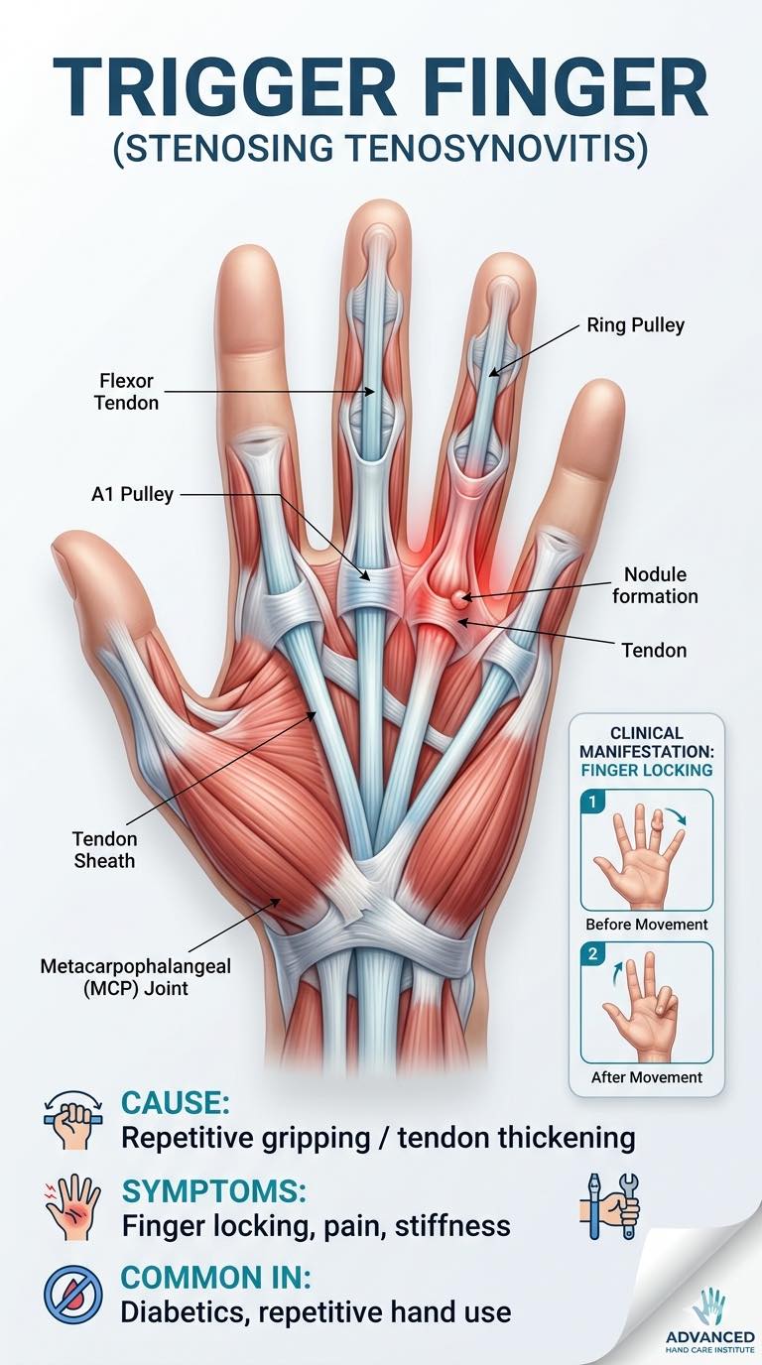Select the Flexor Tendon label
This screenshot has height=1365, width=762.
pos(126,392)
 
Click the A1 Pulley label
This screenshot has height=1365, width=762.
pos(132,494)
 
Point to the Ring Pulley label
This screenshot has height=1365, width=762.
pos(635,324)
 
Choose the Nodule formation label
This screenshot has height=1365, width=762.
pos(655,585)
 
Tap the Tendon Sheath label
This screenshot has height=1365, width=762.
pos(104,849)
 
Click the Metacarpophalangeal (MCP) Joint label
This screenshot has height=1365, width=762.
pos(135,977)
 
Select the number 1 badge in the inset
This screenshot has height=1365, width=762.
pos(592,802)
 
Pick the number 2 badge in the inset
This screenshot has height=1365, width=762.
pos(592,953)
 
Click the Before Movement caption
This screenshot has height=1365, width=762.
pos(647,925)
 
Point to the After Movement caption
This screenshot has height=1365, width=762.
pos(647,1077)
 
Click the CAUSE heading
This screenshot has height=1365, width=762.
pos(176,1103)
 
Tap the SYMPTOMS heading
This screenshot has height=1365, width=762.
pos(214,1191)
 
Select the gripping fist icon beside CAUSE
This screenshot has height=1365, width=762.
pos(73,1120)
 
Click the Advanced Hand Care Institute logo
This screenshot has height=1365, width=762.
pos(710,1328)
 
